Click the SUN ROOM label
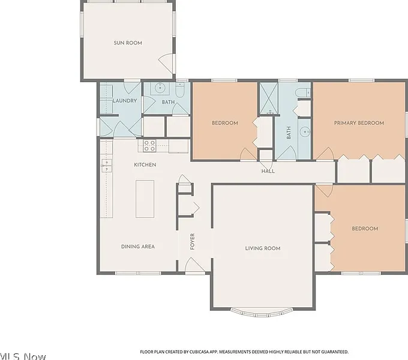click(x=128, y=43)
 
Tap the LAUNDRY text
click(x=125, y=101)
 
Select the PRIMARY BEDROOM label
click(x=359, y=123)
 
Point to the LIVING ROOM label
click(x=263, y=248)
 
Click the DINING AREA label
click(x=138, y=247)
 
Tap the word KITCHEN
click(x=145, y=164)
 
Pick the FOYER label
click(x=192, y=241)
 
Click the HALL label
click(x=268, y=171)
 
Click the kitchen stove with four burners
click(x=149, y=146)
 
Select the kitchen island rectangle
click(x=145, y=199)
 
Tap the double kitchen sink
click(x=106, y=166)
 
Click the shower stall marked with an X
click(x=269, y=98)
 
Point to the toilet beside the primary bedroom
click(x=303, y=92)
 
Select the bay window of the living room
click(x=262, y=313)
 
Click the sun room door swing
click(x=166, y=64)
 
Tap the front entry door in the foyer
click(x=195, y=265)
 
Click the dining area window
click(x=138, y=273)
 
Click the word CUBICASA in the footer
click(x=199, y=352)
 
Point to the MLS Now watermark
click(x=23, y=356)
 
